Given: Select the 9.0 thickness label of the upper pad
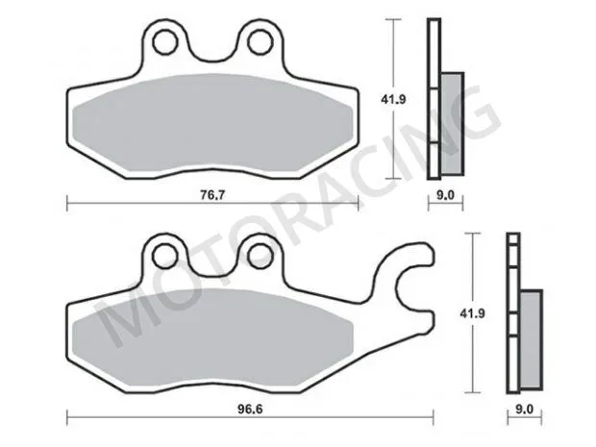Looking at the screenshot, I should [444, 194].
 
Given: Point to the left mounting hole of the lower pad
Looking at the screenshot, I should [165, 256].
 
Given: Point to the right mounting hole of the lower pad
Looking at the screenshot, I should [258, 256].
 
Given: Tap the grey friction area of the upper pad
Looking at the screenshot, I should [211, 130].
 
